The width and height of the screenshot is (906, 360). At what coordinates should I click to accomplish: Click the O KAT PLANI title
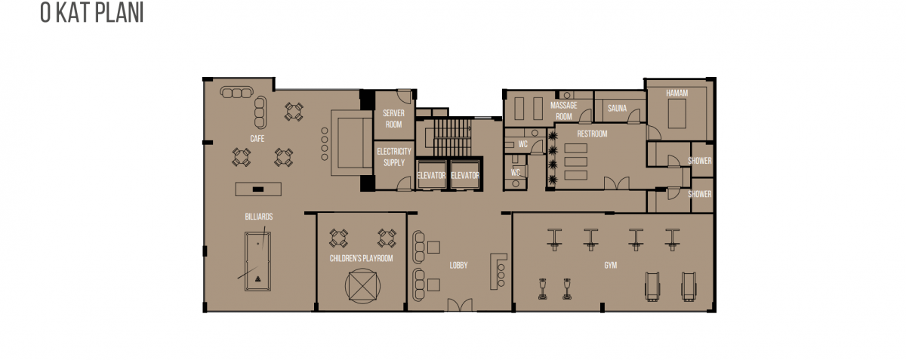coord(92,13)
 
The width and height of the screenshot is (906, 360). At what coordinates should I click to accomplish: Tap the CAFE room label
coord(257,139)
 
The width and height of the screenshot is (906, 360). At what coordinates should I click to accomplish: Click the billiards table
coord(257,261)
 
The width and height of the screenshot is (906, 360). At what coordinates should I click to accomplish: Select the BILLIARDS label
coord(259,217)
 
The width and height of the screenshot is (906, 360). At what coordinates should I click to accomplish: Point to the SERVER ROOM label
coord(393,119)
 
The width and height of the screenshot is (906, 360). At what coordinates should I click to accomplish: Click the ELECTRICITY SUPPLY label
coord(394,157)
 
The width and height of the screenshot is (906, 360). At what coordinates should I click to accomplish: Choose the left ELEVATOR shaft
coord(431,174)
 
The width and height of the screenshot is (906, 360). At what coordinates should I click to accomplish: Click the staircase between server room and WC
coord(452,137)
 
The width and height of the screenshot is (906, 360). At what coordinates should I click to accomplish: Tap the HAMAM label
coord(677,93)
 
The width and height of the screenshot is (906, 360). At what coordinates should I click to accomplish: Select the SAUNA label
coord(618,109)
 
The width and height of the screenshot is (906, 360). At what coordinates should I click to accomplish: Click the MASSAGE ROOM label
coord(564,111)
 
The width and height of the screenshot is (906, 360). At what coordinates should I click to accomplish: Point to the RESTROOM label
coord(592,134)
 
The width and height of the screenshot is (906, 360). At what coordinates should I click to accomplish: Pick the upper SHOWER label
coord(700,161)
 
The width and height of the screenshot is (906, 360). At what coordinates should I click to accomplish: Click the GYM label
coord(611,266)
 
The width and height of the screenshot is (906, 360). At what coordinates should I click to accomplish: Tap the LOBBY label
coord(459,266)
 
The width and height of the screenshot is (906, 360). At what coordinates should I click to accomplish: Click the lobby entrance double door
coord(460,305)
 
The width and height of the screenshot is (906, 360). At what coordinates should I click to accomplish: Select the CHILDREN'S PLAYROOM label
coord(361,258)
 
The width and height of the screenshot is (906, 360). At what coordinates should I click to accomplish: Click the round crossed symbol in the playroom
coord(363,286)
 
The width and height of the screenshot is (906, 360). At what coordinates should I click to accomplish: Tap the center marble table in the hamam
coord(677,114)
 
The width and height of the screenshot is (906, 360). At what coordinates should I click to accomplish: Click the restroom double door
coord(617,183)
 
